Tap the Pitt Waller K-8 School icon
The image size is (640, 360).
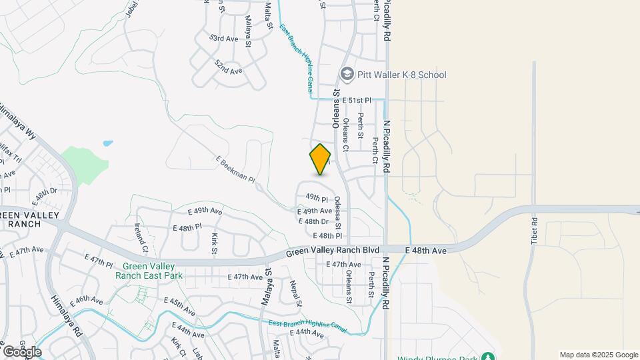pos(346,75)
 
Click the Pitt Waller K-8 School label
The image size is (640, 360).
pos(401,75)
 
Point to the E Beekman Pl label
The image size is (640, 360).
pos(235,169)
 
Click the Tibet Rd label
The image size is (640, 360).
pos(535,230)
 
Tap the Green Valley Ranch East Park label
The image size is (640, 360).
pos(149,270)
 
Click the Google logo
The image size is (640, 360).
pos(22,351)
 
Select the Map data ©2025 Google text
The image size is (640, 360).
pos(599,355)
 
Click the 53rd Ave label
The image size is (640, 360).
pos(223,39)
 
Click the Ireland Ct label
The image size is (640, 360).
pos(141,238)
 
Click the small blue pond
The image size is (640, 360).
pos(107,143)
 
